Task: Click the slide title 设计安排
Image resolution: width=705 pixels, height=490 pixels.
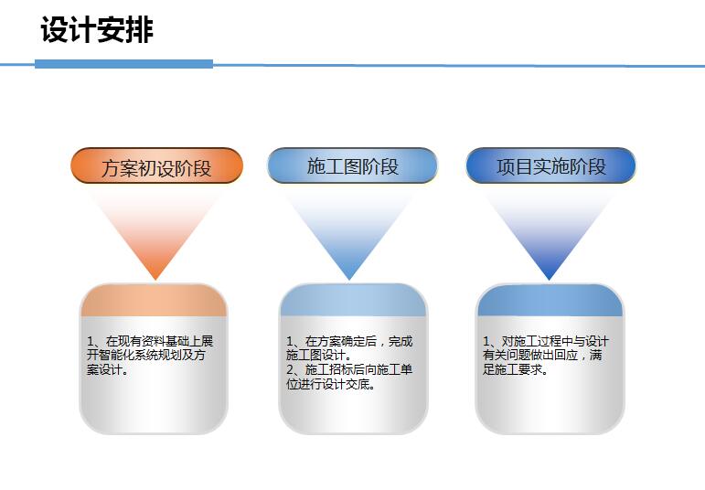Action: coord(97,29)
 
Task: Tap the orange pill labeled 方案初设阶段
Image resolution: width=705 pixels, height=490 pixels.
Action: coord(157,165)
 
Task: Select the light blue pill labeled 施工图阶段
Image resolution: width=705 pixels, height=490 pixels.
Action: coord(353,165)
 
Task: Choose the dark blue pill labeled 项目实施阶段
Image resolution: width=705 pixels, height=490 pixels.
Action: coord(550,165)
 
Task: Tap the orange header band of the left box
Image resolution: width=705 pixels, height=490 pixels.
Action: coord(154,300)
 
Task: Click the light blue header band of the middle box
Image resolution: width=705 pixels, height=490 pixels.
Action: coord(353,300)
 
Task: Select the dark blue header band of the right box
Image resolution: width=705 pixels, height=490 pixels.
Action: coord(550,300)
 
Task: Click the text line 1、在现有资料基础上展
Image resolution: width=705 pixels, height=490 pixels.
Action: coord(150,341)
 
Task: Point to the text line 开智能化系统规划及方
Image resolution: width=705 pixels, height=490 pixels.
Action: coord(146,355)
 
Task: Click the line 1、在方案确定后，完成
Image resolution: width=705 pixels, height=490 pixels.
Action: coord(349,341)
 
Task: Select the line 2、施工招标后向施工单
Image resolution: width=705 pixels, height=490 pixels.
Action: coord(349,369)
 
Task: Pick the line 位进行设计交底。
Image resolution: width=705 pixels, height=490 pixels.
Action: coord(331,384)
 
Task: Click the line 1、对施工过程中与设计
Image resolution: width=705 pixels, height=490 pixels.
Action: coord(545,341)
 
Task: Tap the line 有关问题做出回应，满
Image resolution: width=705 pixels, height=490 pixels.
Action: coord(542,355)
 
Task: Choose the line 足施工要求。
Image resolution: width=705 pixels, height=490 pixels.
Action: coord(515,369)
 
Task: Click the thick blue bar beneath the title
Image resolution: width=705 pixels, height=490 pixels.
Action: coord(123,64)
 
